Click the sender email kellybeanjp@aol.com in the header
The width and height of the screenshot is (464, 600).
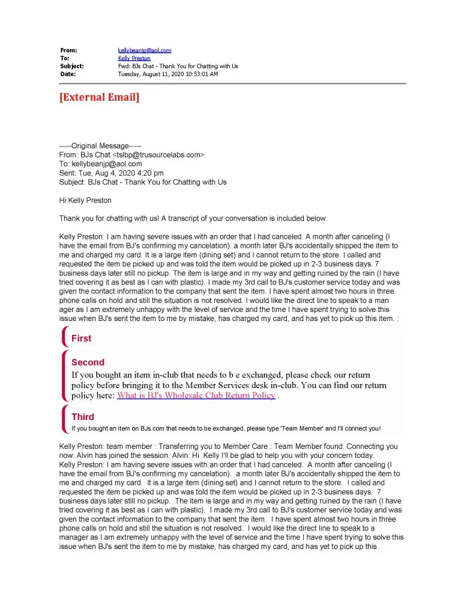pyautogui.click(x=145, y=50)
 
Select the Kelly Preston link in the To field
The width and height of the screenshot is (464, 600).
pyautogui.click(x=134, y=58)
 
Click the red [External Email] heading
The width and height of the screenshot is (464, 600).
pyautogui.click(x=99, y=97)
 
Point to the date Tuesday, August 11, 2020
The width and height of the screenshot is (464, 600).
pyautogui.click(x=167, y=74)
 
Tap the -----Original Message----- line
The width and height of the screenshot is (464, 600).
pyautogui.click(x=100, y=146)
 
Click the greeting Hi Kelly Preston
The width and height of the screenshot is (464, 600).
pyautogui.click(x=85, y=200)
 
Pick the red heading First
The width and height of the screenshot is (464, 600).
pyautogui.click(x=81, y=338)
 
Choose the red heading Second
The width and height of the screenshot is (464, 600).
pyautogui.click(x=88, y=362)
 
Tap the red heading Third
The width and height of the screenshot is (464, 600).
pyautogui.click(x=82, y=416)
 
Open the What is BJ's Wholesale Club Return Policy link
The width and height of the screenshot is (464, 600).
pyautogui.click(x=196, y=395)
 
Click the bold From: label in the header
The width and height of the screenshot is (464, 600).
pyautogui.click(x=68, y=50)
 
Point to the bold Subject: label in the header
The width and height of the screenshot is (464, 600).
pyautogui.click(x=72, y=66)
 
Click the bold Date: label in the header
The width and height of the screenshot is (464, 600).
pyautogui.click(x=68, y=74)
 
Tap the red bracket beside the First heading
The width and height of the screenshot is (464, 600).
pyautogui.click(x=64, y=337)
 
